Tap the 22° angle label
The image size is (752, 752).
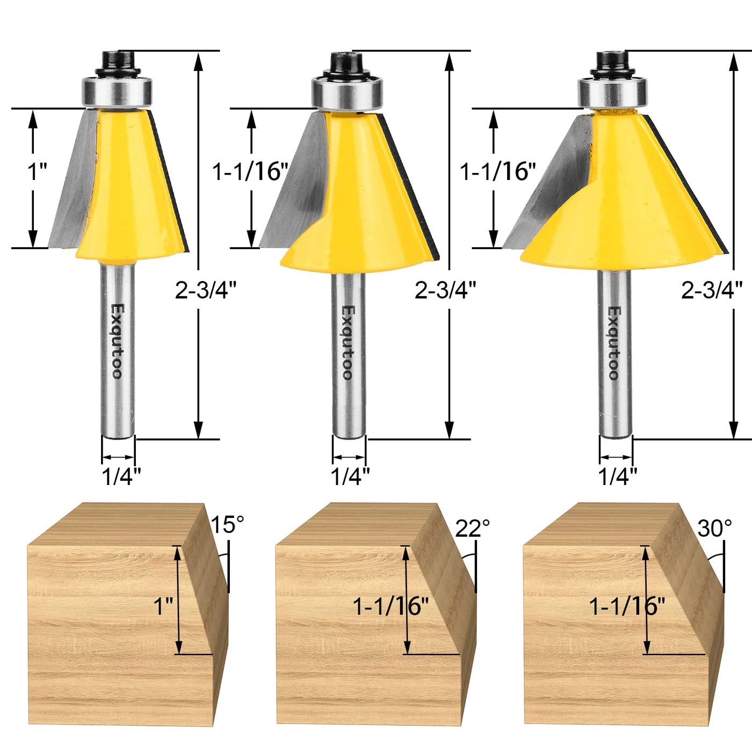coord(473,528)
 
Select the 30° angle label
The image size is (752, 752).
coord(714,529)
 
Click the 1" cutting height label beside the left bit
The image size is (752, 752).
coord(38,172)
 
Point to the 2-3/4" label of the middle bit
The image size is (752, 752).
coord(445,291)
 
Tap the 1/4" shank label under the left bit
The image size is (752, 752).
coord(121,476)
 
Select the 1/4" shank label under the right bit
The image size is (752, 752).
coord(618,476)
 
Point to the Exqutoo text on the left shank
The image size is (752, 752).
coord(117,341)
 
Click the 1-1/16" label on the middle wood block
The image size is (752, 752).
coord(391,607)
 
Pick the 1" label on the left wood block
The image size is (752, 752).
coord(163,607)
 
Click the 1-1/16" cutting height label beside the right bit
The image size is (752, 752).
coord(498,172)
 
